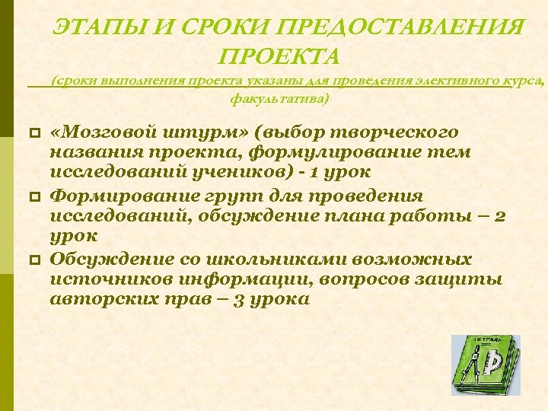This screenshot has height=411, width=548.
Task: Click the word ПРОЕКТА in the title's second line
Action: pos(279,56)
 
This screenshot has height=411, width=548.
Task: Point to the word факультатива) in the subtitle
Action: pos(279,99)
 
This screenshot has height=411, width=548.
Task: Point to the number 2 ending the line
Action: pos(500,216)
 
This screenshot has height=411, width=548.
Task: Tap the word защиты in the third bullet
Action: pos(464,279)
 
